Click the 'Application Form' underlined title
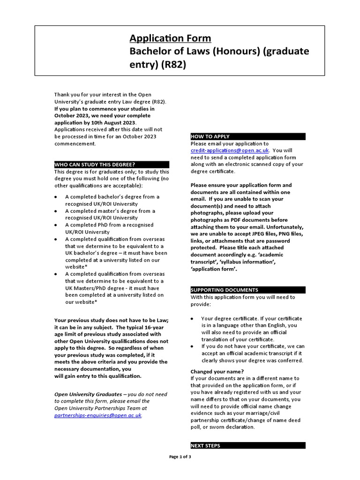(x=170, y=38)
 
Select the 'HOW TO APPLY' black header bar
(x=247, y=136)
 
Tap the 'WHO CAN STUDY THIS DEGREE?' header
(x=112, y=165)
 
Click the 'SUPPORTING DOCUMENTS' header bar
(x=247, y=290)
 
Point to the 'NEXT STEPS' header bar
(x=247, y=445)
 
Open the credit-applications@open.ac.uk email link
(x=230, y=150)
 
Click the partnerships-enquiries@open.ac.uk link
(x=97, y=415)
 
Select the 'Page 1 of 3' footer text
(x=180, y=457)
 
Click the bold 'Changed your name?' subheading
(x=217, y=371)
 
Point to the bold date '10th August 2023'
(x=104, y=122)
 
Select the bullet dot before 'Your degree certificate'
(x=193, y=319)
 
